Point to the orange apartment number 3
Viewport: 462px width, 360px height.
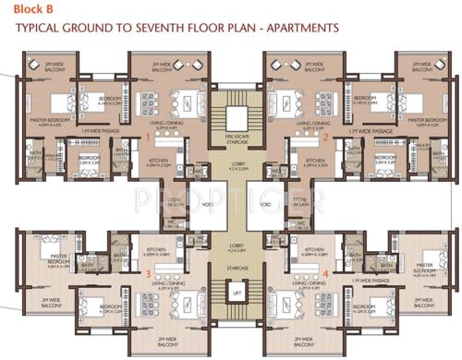147,274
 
